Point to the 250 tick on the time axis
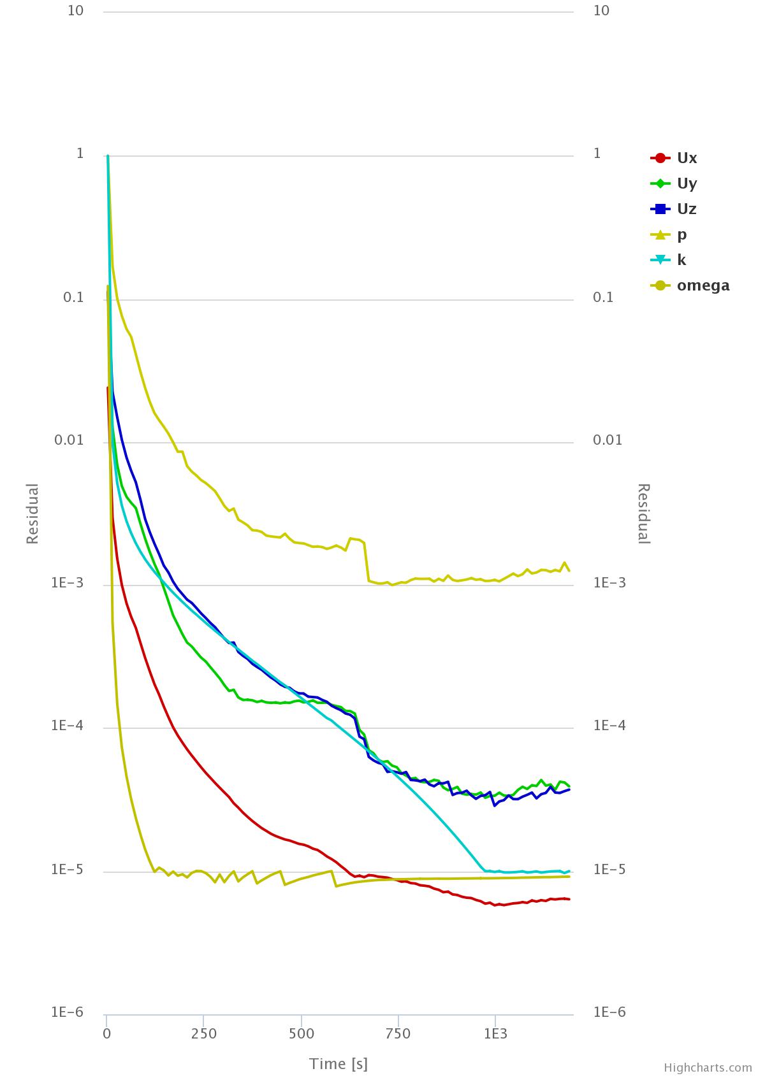pos(204,1033)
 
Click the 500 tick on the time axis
pos(301,1033)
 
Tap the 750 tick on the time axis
pos(398,1033)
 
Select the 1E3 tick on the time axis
pos(495,1033)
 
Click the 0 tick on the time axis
pos(107,1033)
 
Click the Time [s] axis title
pos(339,1063)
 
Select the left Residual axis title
pos(33,514)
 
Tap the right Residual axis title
pos(644,514)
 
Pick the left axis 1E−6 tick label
pos(67,1012)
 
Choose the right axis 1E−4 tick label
pos(609,726)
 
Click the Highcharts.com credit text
pos(708,1067)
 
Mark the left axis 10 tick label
pos(75,11)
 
